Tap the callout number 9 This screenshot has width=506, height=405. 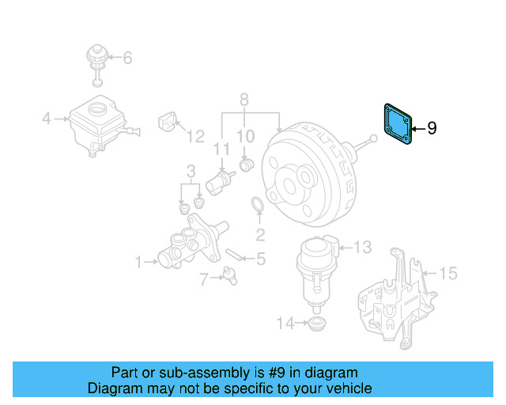click(432, 127)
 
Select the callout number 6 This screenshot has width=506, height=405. click(127, 58)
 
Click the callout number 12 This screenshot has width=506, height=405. click(195, 137)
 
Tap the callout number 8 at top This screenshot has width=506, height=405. click(244, 100)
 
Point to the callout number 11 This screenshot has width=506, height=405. click(221, 149)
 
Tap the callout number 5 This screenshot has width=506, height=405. click(260, 258)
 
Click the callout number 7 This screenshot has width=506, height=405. click(203, 278)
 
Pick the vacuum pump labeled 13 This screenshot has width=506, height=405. click(315, 267)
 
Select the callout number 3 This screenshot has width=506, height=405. click(191, 171)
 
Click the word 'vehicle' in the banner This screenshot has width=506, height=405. click(344, 388)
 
